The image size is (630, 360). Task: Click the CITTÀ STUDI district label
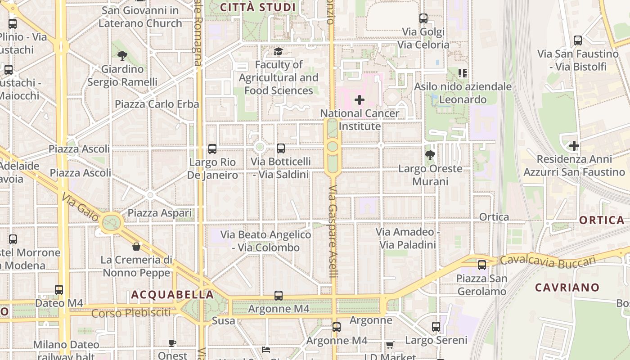click(258, 7)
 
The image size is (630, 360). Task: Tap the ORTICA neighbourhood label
click(602, 220)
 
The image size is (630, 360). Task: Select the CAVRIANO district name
click(567, 287)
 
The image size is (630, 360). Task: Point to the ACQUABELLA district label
click(172, 295)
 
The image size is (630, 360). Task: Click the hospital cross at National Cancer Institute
click(359, 99)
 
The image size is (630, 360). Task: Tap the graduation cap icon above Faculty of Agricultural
click(279, 52)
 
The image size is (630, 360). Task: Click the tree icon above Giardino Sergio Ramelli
click(122, 56)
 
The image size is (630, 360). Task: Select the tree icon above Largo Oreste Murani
click(430, 156)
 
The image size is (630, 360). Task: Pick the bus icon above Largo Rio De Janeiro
click(212, 148)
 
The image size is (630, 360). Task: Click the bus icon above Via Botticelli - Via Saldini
click(281, 148)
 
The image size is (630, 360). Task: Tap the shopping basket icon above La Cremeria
click(136, 247)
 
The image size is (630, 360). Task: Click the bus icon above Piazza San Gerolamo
click(482, 265)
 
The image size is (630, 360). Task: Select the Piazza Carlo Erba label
click(157, 104)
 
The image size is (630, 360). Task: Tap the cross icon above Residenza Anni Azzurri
click(574, 146)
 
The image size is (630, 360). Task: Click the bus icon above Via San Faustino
click(578, 40)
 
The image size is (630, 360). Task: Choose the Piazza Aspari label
click(160, 213)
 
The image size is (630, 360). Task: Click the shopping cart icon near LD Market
click(390, 345)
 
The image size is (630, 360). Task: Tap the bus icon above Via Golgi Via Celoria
click(423, 18)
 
